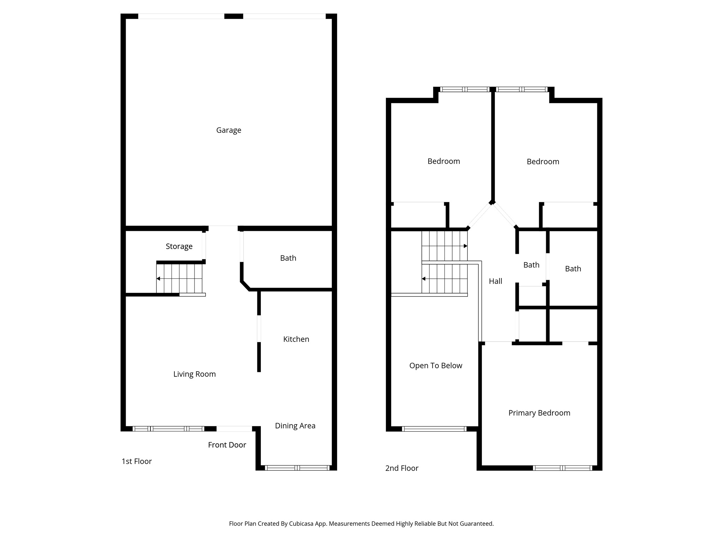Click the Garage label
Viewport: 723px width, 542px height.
pyautogui.click(x=228, y=130)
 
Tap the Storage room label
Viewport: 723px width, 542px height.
pyautogui.click(x=179, y=246)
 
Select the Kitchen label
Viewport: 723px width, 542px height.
pyautogui.click(x=296, y=339)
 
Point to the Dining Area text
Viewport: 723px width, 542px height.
pyautogui.click(x=295, y=426)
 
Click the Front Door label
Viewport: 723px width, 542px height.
pyautogui.click(x=227, y=445)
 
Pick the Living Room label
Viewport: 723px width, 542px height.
pyautogui.click(x=194, y=374)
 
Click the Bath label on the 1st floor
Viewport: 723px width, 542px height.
pyautogui.click(x=288, y=258)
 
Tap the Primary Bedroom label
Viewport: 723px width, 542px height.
pyautogui.click(x=539, y=413)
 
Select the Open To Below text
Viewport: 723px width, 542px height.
pyautogui.click(x=435, y=366)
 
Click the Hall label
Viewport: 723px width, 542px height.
pyautogui.click(x=495, y=281)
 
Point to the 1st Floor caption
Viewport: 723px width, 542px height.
pyautogui.click(x=137, y=461)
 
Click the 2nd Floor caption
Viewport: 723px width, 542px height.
pyautogui.click(x=401, y=468)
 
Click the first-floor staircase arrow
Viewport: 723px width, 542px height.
pyautogui.click(x=159, y=279)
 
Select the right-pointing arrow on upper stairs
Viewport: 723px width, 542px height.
pyautogui.click(x=465, y=246)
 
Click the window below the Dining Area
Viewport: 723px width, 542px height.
pyautogui.click(x=297, y=468)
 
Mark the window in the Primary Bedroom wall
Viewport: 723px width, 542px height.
pyautogui.click(x=562, y=468)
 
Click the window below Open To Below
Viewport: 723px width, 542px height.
pyautogui.click(x=434, y=429)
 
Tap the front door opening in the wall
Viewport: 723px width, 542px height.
pyautogui.click(x=234, y=429)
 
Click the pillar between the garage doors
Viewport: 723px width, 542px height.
pyautogui.click(x=234, y=16)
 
